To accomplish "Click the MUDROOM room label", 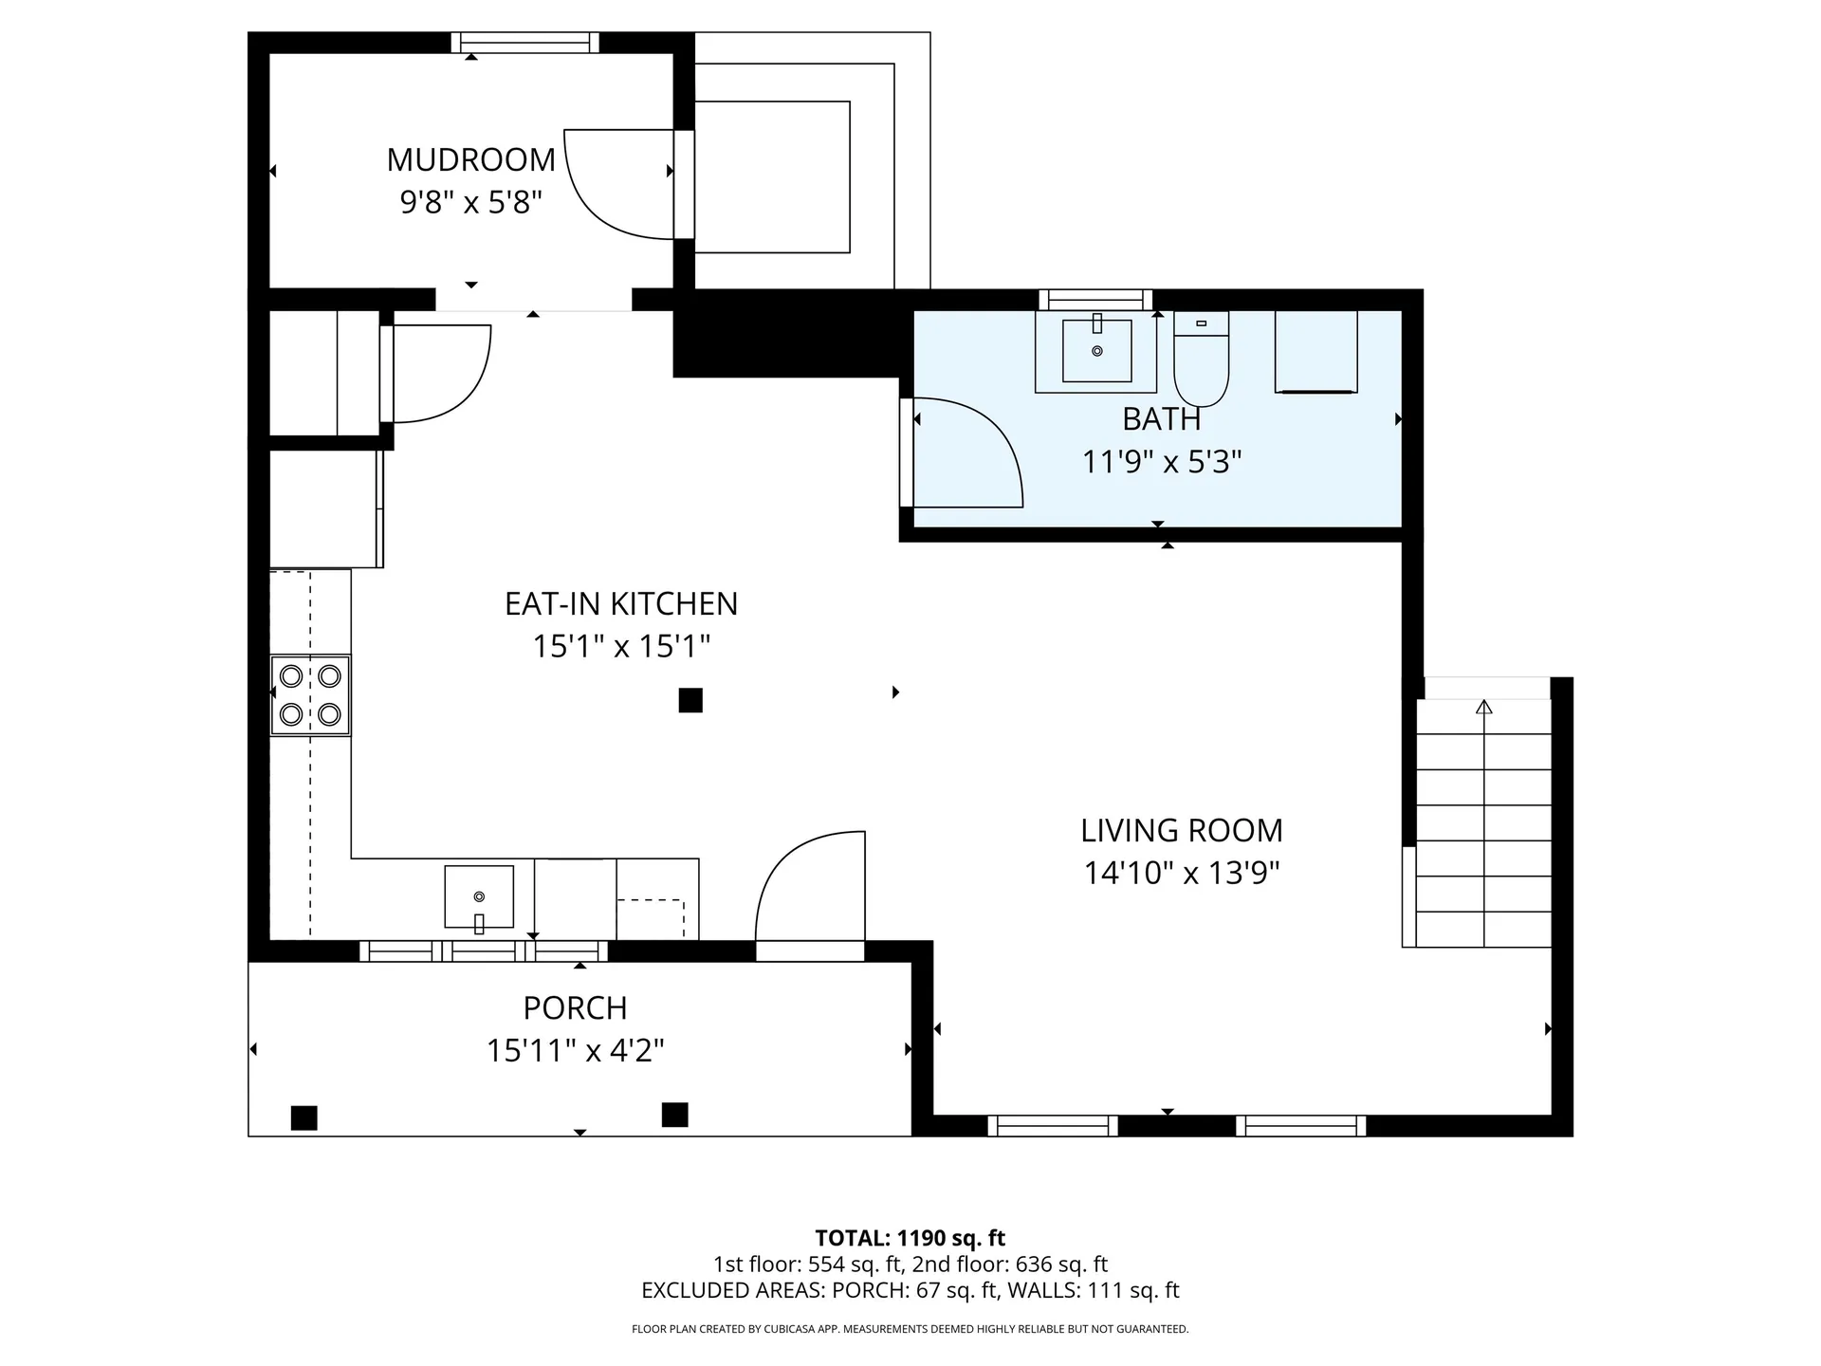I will point(470,159).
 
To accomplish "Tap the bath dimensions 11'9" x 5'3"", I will point(1161,462).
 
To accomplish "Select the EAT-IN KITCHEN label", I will point(620,603).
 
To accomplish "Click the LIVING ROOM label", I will point(1181,830).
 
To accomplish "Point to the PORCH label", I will point(575,1007).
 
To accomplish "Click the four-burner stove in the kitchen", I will point(310,695).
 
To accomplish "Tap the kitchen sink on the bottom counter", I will point(479,897).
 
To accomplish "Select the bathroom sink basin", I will point(1096,350).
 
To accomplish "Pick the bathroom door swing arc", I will point(977,446).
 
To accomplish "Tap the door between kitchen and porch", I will point(806,887).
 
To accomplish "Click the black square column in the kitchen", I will point(690,700).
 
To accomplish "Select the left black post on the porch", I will point(303,1117).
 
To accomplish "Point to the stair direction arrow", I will point(1484,707).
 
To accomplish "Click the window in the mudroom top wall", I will point(524,42).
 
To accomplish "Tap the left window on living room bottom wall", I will point(1053,1126).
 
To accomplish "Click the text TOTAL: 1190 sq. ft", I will point(910,1238).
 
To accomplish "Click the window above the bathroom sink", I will point(1095,300).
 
